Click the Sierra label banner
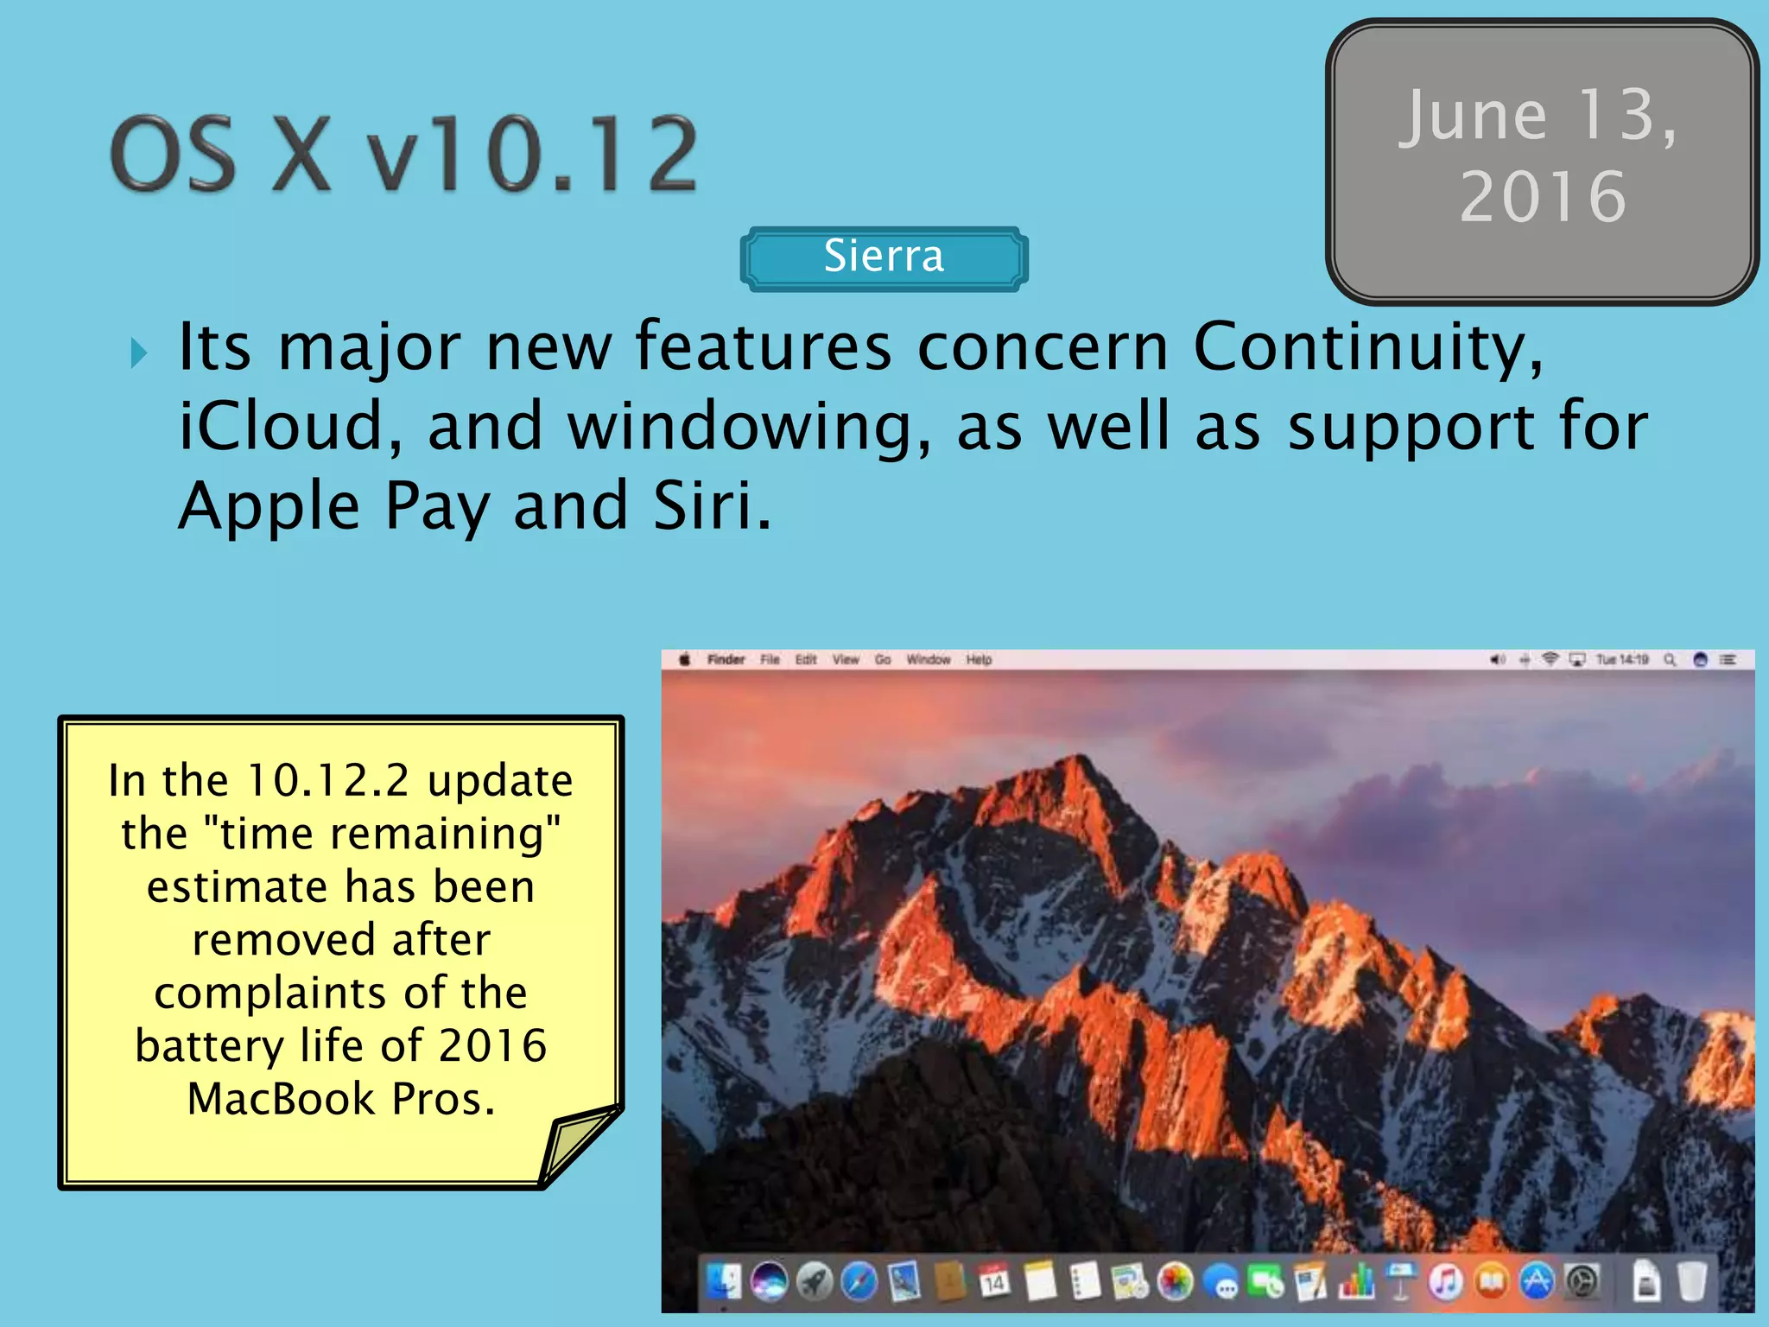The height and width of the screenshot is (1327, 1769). pyautogui.click(x=884, y=257)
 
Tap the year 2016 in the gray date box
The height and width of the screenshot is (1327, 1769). pyautogui.click(x=1543, y=197)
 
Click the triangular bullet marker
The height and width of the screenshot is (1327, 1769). pyautogui.click(x=138, y=352)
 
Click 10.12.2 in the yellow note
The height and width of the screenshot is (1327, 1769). pyautogui.click(x=327, y=780)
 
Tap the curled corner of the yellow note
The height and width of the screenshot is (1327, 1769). pyautogui.click(x=576, y=1146)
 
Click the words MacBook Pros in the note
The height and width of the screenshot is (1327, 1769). pyautogui.click(x=341, y=1099)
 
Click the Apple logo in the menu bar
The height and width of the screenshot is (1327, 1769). pyautogui.click(x=684, y=660)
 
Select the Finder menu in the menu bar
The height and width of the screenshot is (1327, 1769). pyautogui.click(x=726, y=660)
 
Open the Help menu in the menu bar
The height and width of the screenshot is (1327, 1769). pyautogui.click(x=979, y=660)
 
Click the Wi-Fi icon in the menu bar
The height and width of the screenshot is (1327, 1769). pyautogui.click(x=1550, y=660)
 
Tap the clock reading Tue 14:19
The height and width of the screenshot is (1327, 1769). pyautogui.click(x=1622, y=660)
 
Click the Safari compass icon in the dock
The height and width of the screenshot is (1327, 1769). pyautogui.click(x=859, y=1281)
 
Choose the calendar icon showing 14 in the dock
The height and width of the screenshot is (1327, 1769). pyautogui.click(x=994, y=1281)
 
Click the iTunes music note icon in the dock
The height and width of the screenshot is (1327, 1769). pyautogui.click(x=1445, y=1281)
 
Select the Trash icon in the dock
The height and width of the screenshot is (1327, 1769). pyautogui.click(x=1692, y=1281)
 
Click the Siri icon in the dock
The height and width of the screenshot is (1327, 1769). pyautogui.click(x=769, y=1281)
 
